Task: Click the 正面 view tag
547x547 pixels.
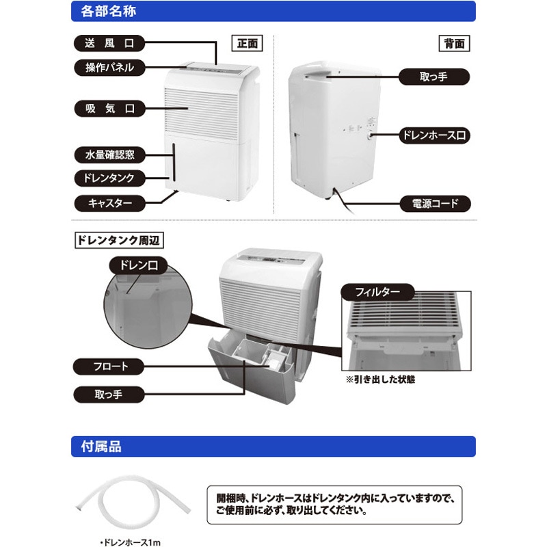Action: [247, 43]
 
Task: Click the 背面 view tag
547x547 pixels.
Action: [453, 43]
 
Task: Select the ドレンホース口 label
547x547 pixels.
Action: [433, 136]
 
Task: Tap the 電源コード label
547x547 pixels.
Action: [433, 203]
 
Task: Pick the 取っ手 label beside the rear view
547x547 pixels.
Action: [433, 77]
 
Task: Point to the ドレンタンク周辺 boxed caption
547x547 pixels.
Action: [119, 241]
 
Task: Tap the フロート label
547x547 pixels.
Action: [110, 366]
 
